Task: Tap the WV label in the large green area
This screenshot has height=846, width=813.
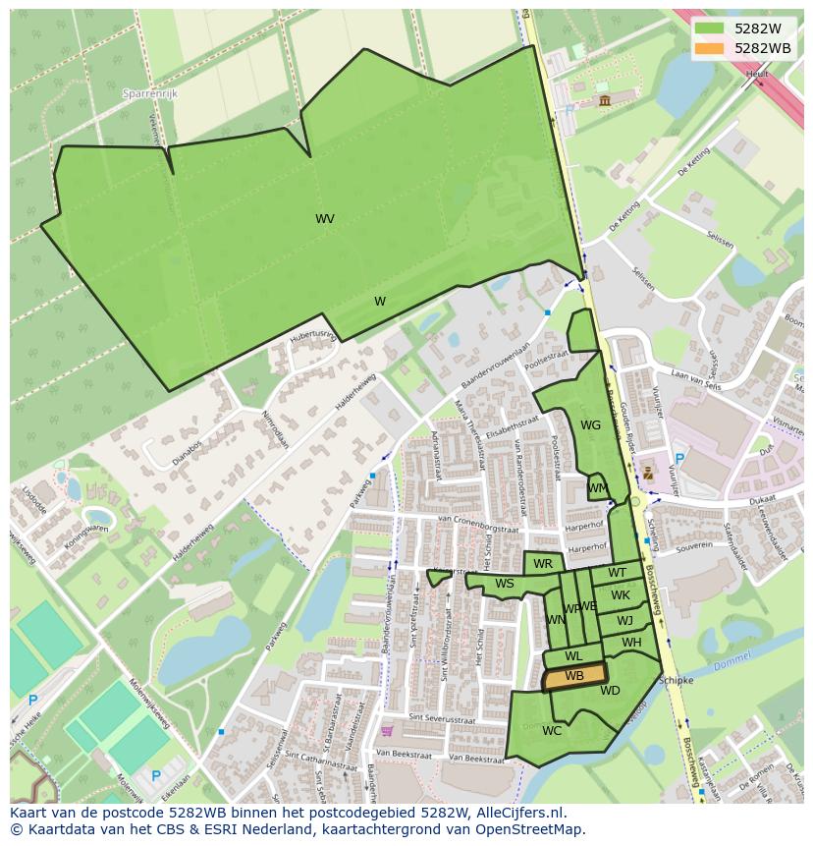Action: coord(325,219)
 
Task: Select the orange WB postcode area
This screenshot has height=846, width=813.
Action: coord(574,676)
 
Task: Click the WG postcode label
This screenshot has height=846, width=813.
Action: coord(590,425)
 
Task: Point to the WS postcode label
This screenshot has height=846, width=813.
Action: coord(505,584)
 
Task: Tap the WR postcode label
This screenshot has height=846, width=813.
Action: coord(543,564)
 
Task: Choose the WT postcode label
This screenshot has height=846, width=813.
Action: coord(617,573)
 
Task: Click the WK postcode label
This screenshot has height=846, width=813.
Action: coord(621,595)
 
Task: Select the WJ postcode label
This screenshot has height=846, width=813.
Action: coord(624,620)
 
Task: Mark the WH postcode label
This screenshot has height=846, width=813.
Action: coord(631,643)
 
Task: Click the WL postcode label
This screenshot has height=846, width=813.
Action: coord(573,656)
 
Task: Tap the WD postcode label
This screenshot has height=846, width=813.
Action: coord(610,691)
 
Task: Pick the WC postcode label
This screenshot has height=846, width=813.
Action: coord(552,730)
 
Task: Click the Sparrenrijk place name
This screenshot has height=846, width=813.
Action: coord(148,93)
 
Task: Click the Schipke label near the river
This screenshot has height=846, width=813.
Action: coord(677,680)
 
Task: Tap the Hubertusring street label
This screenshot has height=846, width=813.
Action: coord(312,338)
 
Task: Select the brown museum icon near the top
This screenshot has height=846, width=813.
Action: coord(602,100)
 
